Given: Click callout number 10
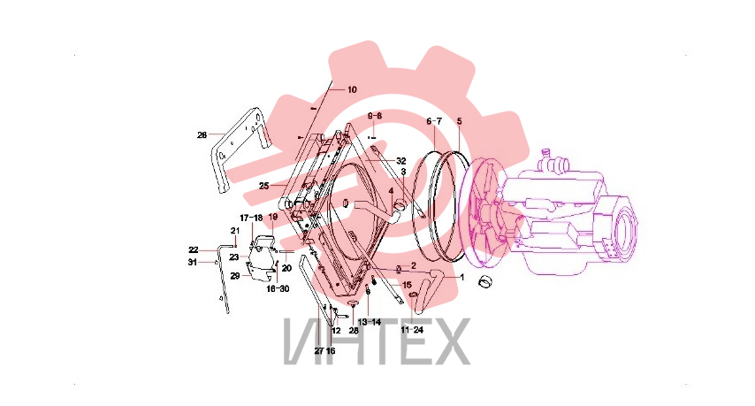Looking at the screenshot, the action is (352, 89).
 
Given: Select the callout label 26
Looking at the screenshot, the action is (202, 135).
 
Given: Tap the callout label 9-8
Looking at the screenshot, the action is (375, 116).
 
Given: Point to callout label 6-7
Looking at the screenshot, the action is (434, 121).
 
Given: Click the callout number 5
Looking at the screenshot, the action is (460, 121).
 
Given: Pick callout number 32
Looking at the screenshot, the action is (401, 161).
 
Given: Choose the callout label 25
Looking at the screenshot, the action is (263, 186).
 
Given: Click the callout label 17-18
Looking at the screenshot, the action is (251, 218).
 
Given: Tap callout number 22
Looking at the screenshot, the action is (193, 250).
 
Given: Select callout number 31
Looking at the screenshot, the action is (193, 263).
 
